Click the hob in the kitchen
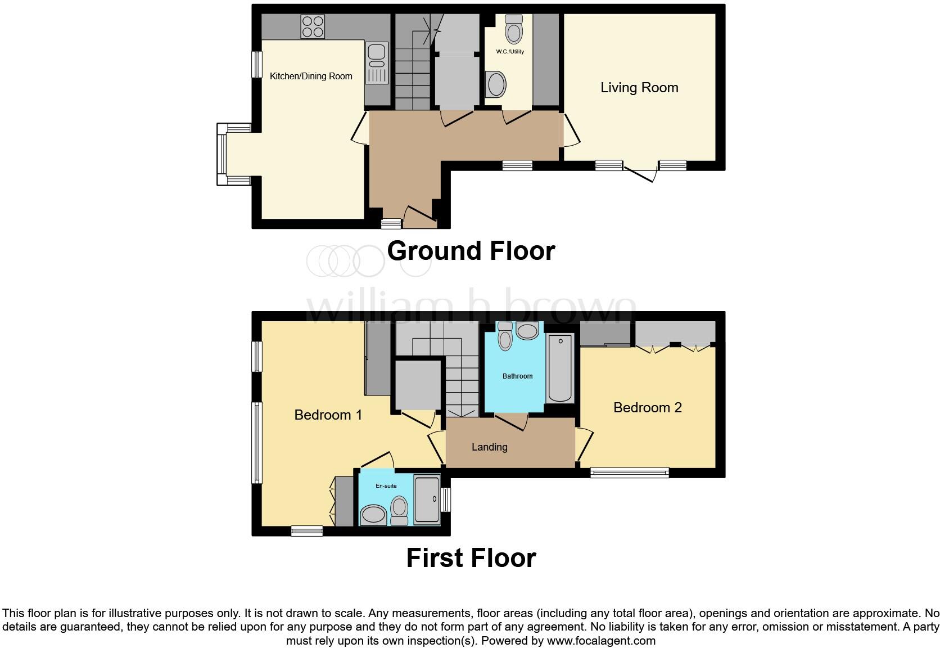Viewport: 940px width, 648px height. point(313,26)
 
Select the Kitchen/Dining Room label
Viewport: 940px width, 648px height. point(311,76)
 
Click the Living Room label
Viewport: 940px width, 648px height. point(639,88)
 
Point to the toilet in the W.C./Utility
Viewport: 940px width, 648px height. point(513,29)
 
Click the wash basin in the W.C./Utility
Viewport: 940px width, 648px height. point(496,85)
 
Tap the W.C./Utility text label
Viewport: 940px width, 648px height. point(509,52)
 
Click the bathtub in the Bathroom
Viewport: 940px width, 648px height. point(560,368)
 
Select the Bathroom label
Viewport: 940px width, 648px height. point(517,376)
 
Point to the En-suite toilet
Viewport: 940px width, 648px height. point(399,509)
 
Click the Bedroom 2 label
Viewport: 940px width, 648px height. point(647,408)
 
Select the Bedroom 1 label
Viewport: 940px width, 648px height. point(328,415)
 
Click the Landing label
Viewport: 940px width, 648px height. point(489,447)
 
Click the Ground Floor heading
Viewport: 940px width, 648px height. point(471,251)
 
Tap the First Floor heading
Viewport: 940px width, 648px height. point(471,558)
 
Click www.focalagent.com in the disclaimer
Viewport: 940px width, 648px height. point(600,641)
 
